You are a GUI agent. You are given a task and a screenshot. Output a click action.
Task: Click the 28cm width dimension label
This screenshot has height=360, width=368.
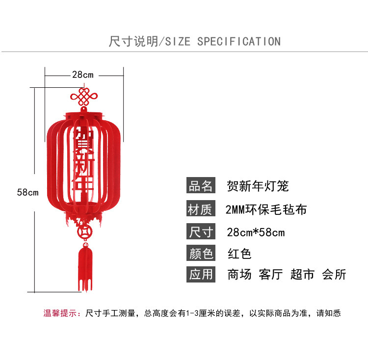click(x=82, y=75)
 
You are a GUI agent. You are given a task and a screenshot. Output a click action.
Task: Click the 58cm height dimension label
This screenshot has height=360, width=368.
click(x=27, y=192)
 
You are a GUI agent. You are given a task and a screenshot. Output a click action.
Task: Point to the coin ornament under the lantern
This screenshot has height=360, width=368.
click(x=84, y=231)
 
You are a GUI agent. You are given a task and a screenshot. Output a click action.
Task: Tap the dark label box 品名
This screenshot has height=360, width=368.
click(x=201, y=186)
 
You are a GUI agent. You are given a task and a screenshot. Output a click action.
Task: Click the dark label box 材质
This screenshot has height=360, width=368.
click(x=201, y=209)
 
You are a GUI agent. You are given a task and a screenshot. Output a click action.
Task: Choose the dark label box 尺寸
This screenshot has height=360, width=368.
click(x=201, y=231)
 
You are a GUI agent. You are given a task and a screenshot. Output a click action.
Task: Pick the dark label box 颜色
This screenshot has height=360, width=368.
click(x=201, y=254)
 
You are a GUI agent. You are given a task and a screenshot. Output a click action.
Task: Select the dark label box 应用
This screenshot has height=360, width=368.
click(x=201, y=274)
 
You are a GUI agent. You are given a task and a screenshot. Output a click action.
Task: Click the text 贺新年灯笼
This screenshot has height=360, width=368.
click(x=258, y=186)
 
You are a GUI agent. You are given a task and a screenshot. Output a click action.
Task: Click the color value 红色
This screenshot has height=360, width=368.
click(x=239, y=254)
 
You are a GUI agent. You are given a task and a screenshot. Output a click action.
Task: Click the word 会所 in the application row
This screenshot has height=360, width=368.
click(x=334, y=274)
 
